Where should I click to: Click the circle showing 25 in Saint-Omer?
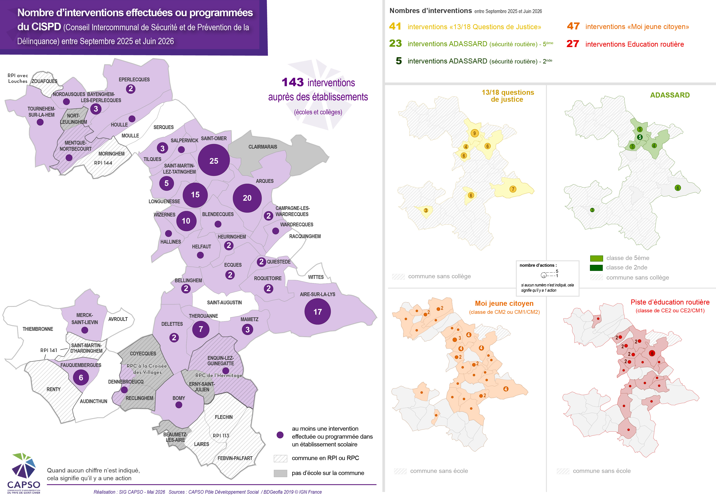(x=214, y=160)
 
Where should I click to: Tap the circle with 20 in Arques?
(x=247, y=198)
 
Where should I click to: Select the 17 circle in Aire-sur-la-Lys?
(x=317, y=312)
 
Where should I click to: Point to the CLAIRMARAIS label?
(x=263, y=147)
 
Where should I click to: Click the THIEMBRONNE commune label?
(x=38, y=329)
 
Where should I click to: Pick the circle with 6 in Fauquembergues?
(x=81, y=377)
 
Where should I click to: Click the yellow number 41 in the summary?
(x=395, y=26)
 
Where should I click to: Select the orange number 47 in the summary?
(x=573, y=26)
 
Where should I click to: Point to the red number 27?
(x=573, y=44)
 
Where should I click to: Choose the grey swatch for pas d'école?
(x=280, y=473)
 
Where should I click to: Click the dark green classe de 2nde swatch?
(x=596, y=268)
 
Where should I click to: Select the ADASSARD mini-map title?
(x=670, y=95)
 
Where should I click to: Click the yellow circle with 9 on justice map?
(x=474, y=133)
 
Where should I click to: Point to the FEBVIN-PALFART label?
(x=235, y=458)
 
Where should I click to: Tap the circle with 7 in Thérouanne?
(x=201, y=329)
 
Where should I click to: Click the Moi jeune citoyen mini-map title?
(x=504, y=303)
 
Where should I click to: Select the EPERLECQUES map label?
(x=134, y=79)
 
